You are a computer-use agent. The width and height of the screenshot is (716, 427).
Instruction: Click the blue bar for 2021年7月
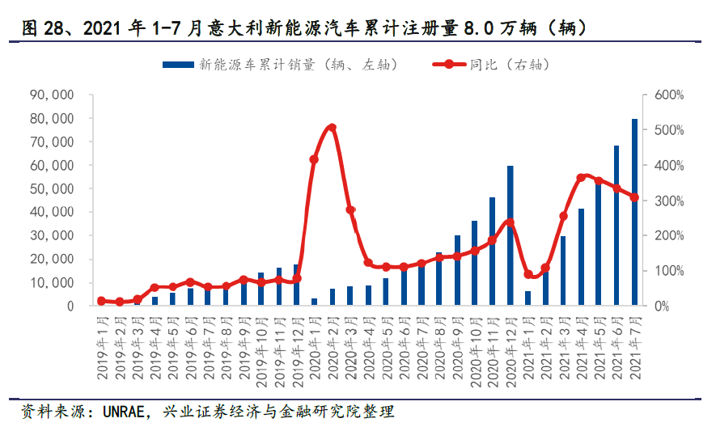click(634, 212)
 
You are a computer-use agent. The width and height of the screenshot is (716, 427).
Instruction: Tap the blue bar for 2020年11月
click(493, 252)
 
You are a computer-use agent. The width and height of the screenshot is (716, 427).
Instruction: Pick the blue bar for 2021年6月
click(616, 226)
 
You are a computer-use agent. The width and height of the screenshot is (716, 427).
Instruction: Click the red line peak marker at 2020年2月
click(332, 128)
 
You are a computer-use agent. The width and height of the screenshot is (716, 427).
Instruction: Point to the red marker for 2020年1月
click(314, 159)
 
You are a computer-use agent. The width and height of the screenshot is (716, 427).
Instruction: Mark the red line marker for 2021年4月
click(581, 177)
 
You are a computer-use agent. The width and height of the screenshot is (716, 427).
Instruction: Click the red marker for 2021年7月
click(634, 197)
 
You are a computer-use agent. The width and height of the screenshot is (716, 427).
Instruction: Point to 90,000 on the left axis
click(52, 95)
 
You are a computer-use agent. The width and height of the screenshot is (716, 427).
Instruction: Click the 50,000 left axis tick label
click(52, 188)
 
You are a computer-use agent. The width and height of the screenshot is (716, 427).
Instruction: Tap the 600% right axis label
click(668, 95)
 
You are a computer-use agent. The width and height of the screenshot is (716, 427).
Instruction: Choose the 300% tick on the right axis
click(668, 201)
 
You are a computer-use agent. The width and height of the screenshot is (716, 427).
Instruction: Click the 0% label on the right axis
click(662, 307)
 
